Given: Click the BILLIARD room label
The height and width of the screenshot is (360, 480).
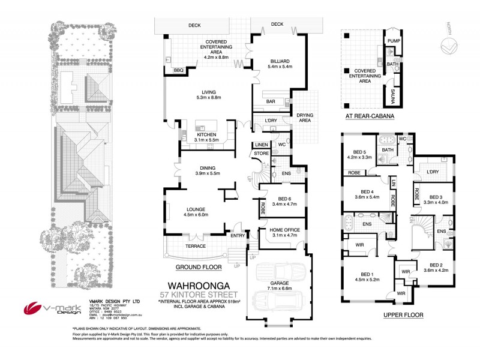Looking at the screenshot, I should click(x=280, y=61).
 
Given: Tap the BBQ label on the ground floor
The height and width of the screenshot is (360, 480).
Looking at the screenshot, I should click(x=178, y=70).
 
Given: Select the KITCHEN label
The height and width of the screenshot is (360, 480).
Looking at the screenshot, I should click(x=209, y=135).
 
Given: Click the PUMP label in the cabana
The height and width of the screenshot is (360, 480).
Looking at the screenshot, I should click(x=393, y=41).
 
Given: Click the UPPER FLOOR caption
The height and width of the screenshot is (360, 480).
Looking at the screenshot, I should click(x=403, y=314).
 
